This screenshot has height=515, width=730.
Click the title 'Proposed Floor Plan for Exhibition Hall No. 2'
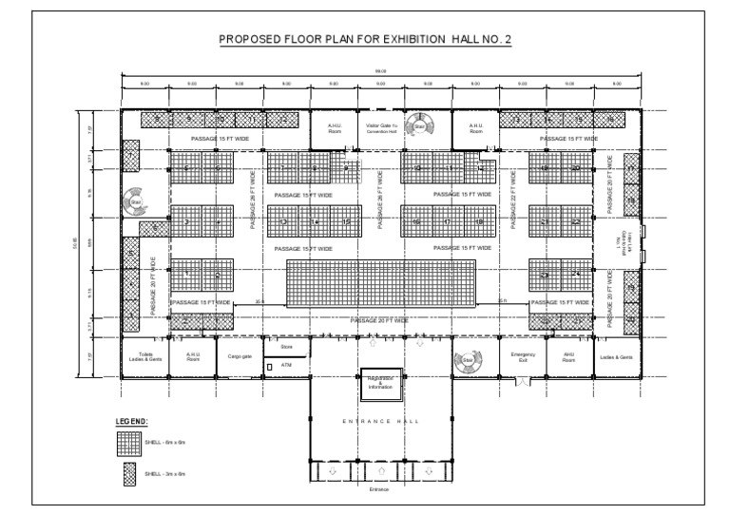[365, 40]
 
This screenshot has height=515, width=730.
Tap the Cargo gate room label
[240, 358]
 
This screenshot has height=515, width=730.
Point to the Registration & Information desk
[380, 383]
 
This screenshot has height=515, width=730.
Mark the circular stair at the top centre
[419, 126]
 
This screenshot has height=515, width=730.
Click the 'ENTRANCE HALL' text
[380, 419]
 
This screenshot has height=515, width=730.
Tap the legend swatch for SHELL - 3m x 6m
[129, 471]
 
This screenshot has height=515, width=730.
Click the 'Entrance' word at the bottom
[380, 489]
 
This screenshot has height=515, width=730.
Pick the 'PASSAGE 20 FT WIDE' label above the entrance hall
[380, 322]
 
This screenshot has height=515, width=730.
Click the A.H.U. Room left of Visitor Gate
[334, 128]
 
